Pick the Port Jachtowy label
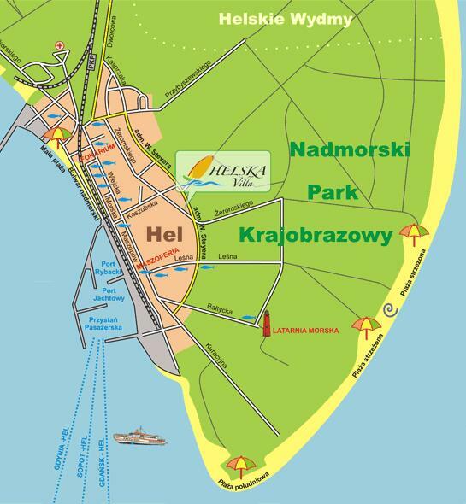click(109, 293)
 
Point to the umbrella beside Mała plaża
click(59, 135)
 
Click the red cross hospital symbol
click(58, 44)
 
